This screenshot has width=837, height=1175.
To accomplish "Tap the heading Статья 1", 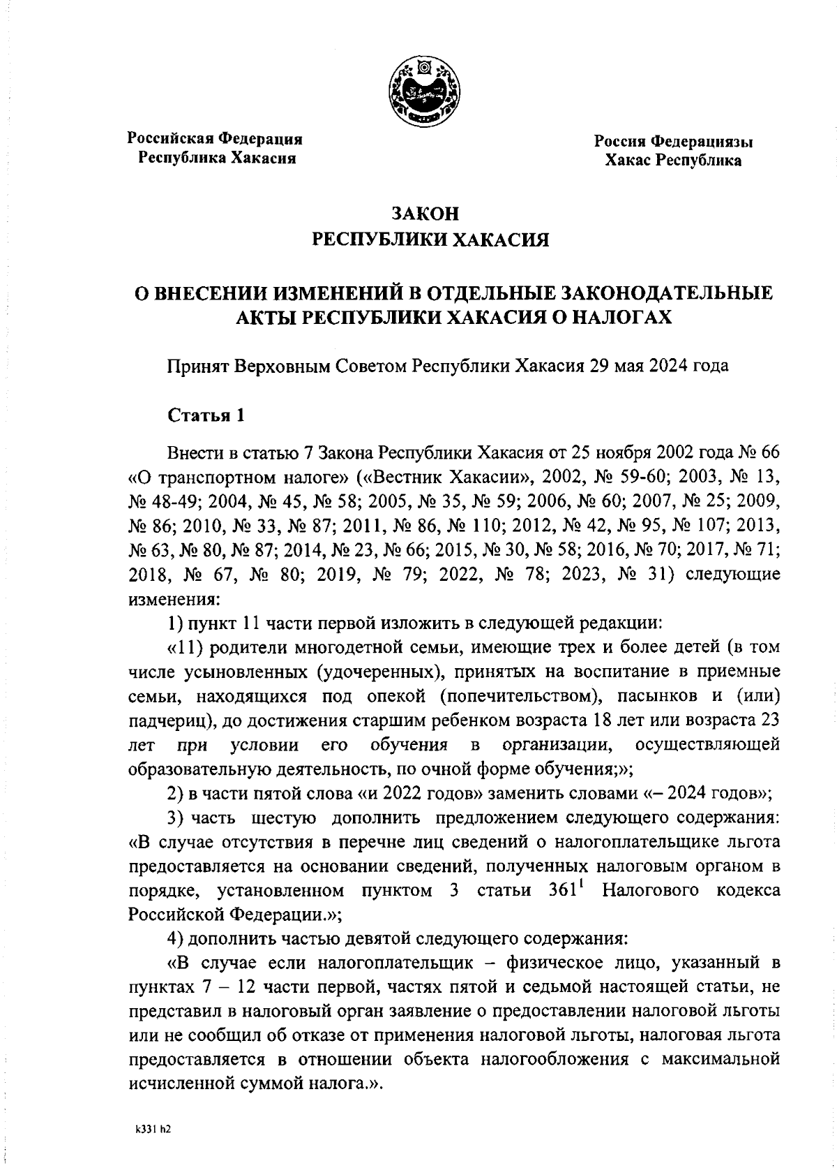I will [206, 415].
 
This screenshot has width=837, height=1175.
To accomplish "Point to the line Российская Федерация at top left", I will [214, 138].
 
